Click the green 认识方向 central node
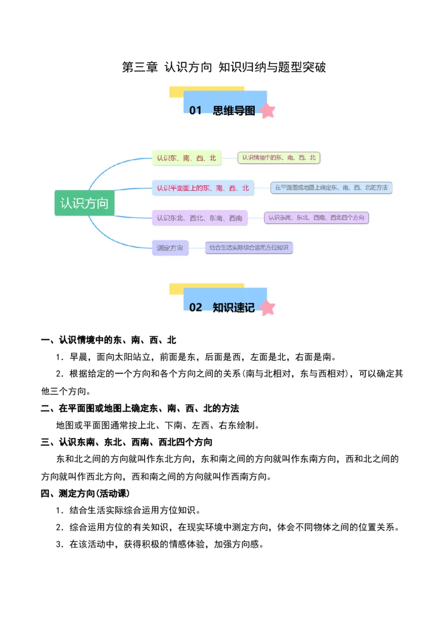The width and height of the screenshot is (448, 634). point(85,203)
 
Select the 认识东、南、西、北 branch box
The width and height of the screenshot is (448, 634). point(186,158)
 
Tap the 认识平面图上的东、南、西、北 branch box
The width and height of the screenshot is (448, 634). point(203,188)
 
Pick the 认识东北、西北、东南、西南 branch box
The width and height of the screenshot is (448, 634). point(199,218)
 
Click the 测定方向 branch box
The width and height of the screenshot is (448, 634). point(170,248)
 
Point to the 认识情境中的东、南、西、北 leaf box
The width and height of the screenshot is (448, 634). point(279,158)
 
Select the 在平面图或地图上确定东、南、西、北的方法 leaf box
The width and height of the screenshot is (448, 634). point(332,188)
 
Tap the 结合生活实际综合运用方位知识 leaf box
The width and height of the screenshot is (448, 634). point(249,248)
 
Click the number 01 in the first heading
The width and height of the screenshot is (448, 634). point(195,111)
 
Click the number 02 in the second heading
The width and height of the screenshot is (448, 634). point(195,307)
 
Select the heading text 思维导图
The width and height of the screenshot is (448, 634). point(234,111)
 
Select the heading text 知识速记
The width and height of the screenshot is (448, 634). point(234,307)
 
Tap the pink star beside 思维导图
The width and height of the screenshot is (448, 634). point(268,111)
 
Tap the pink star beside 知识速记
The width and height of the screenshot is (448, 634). point(268,308)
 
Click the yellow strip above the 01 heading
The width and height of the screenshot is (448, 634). point(206,88)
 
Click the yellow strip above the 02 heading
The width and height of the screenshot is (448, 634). point(206,286)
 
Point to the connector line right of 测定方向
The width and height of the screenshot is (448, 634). point(197,248)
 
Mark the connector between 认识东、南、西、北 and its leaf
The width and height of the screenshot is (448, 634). point(230,158)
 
